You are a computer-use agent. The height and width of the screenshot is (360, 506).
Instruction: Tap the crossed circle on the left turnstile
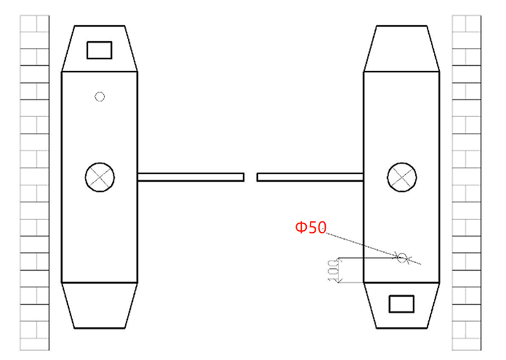[x=99, y=177]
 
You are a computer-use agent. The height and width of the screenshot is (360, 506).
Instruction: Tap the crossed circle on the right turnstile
[x=402, y=177]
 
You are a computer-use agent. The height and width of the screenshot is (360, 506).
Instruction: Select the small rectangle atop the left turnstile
[x=99, y=50]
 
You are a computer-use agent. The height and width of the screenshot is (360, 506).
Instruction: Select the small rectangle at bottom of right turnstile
[x=401, y=304]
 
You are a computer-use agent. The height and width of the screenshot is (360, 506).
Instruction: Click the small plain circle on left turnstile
[x=99, y=96]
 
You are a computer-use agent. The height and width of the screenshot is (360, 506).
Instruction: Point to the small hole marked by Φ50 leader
[x=402, y=257]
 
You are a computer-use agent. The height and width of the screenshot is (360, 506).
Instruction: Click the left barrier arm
[x=190, y=177]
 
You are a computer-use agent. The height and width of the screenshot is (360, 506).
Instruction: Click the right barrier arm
[x=310, y=177]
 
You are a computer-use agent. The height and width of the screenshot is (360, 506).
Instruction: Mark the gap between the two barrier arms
[x=250, y=177]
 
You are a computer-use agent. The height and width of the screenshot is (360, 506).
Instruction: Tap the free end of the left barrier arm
[x=242, y=177]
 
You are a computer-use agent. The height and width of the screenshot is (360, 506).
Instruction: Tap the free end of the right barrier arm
[x=259, y=177]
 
